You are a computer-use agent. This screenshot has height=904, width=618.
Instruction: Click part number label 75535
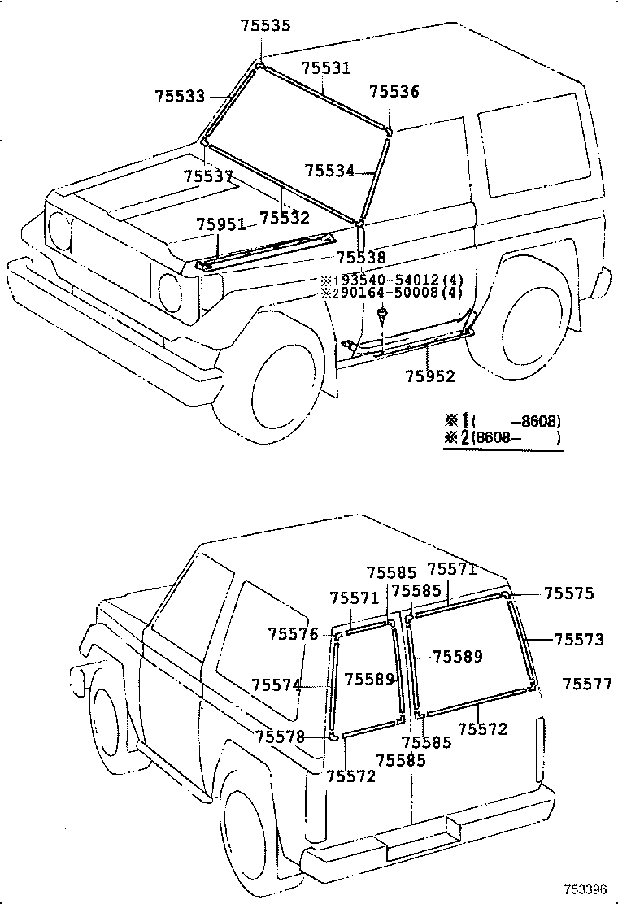pos(264,26)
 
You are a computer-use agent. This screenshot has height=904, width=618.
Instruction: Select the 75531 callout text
pos(326,68)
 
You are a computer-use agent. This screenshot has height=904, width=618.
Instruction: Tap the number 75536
pos(394,92)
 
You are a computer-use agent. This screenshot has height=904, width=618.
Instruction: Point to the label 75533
pos(180,96)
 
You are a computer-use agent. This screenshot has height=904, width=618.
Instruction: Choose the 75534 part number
pos(329,171)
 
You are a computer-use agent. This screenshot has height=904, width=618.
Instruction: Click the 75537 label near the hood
pos(208,176)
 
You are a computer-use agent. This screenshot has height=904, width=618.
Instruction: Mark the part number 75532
pos(285,218)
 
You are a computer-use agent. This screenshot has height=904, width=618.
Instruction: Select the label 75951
pos(220,224)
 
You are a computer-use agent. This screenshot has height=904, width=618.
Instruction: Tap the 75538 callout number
pos(361,258)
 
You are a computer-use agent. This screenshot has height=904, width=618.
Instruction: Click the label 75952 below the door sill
pos(430,376)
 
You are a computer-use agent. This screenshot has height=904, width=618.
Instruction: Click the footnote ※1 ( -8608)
pos(503,421)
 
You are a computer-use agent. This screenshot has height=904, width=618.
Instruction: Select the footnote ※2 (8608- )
pos(503,438)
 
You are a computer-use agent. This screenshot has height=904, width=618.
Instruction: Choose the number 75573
pos(579,640)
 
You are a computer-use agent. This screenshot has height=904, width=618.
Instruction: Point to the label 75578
pos(280,737)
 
